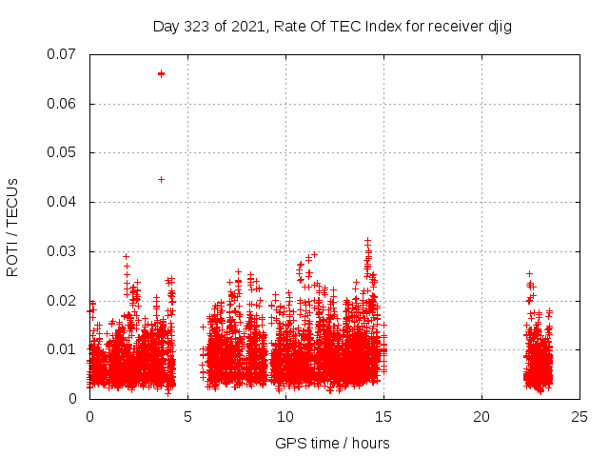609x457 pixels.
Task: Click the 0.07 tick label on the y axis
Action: [x=63, y=54]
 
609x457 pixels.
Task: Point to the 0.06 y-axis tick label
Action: [x=63, y=104]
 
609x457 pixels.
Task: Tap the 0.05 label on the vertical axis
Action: [x=63, y=152]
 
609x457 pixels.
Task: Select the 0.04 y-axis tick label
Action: [x=63, y=202]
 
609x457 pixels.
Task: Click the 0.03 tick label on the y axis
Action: [x=63, y=251]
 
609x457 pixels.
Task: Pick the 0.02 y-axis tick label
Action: [x=63, y=301]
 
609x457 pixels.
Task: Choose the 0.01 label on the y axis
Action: [x=63, y=349]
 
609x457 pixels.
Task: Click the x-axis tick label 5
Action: [x=187, y=416]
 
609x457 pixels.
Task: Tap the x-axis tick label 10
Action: [x=285, y=416]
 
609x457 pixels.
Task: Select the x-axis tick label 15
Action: [x=383, y=416]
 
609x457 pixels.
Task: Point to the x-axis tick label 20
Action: [x=481, y=416]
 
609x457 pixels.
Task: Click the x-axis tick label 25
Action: [x=580, y=416]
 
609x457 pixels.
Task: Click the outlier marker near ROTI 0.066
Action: [x=161, y=73]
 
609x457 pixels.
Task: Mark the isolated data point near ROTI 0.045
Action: [x=161, y=179]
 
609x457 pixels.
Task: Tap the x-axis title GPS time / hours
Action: [x=332, y=443]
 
